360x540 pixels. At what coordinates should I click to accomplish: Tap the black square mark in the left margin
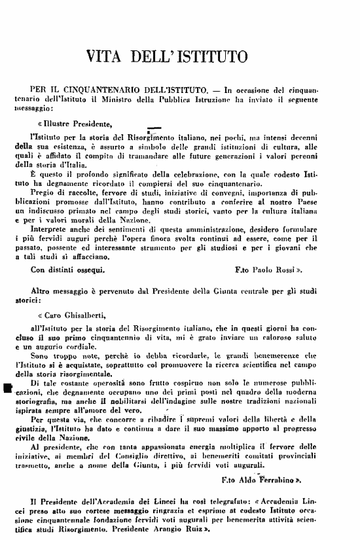point(8,389)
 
